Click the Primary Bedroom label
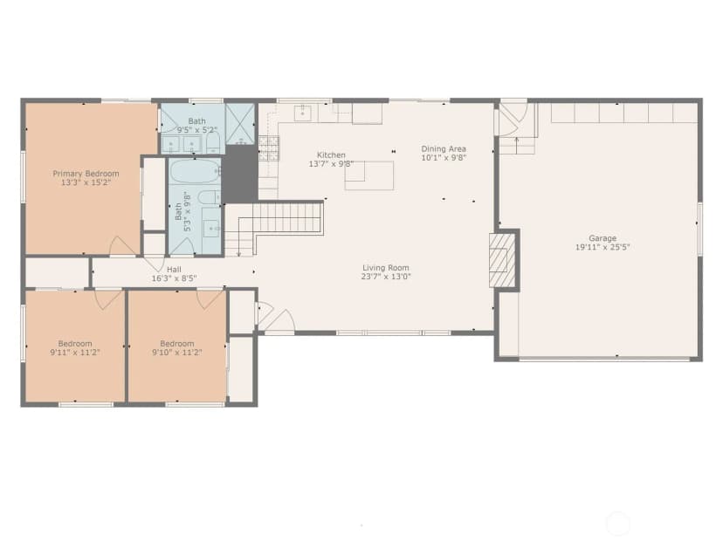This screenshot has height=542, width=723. click(x=86, y=174)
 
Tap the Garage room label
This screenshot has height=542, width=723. click(x=602, y=238)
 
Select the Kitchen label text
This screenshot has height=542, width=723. click(x=331, y=154)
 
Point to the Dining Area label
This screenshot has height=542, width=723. click(x=444, y=149)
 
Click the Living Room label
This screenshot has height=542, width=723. click(x=385, y=268)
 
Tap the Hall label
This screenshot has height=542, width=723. click(x=174, y=270)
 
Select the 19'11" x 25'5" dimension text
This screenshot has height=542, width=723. click(x=602, y=247)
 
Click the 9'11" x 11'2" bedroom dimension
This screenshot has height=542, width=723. click(x=75, y=353)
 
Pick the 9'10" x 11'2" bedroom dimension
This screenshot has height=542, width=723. click(x=177, y=353)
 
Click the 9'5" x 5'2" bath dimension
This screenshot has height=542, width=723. click(x=196, y=129)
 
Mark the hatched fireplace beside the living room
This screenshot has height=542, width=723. click(x=502, y=260)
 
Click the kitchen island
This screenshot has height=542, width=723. click(x=369, y=175)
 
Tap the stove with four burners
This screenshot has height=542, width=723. click(x=269, y=148)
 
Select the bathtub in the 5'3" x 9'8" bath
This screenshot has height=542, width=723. click(x=195, y=171)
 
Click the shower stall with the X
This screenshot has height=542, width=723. click(x=240, y=124)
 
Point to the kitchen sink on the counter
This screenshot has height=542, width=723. click(x=302, y=113)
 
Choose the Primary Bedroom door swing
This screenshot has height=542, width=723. click(x=122, y=246)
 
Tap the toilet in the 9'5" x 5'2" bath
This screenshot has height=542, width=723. click(x=213, y=144)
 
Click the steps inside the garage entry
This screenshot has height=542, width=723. click(x=517, y=146)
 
